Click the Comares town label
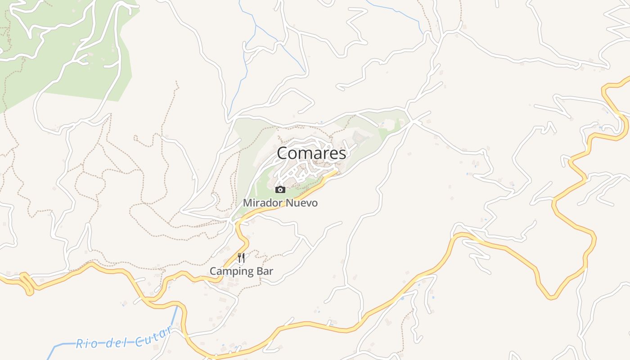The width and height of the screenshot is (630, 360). [x=311, y=153]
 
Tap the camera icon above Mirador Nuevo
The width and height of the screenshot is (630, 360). [x=280, y=189]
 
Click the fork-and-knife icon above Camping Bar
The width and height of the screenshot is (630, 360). [x=241, y=258]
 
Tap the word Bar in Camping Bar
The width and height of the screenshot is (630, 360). [x=265, y=271]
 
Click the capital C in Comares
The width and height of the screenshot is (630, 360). [x=283, y=153]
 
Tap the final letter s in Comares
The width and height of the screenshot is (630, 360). [x=342, y=154]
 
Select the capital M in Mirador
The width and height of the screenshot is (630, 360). [x=247, y=203]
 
